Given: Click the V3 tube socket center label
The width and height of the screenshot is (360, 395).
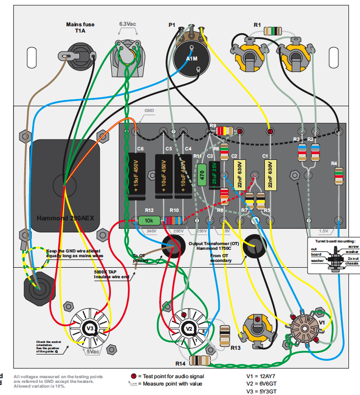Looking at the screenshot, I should click(89, 329).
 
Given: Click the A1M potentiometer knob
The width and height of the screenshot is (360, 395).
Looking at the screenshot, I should click(192, 59).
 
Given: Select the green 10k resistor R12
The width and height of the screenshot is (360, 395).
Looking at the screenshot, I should click(149, 220).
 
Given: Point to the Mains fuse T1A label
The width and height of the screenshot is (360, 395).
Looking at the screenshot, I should click(80, 27).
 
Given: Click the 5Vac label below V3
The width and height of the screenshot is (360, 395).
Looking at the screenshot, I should click(94, 351).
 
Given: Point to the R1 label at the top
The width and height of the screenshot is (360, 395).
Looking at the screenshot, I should click(257, 25).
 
